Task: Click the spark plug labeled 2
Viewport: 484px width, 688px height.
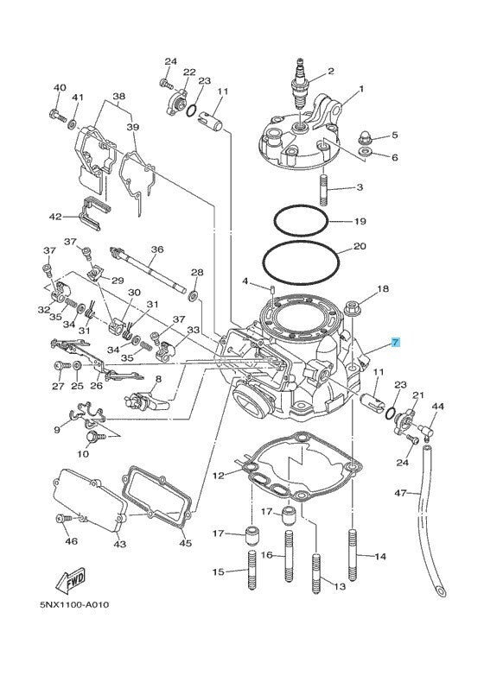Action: pos(301,85)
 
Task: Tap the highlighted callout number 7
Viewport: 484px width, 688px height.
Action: pos(395,342)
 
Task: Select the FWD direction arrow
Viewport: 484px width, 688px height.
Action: pos(70,580)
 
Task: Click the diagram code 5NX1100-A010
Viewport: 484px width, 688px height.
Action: pos(74,604)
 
